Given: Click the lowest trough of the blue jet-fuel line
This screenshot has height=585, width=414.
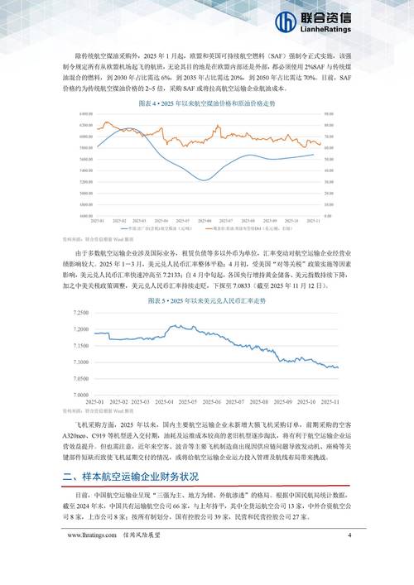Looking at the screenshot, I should tap(205, 179).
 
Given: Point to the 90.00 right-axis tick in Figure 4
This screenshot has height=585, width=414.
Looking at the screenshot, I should tap(329, 116).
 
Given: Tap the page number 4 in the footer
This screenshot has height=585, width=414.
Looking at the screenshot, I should tap(349, 557).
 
